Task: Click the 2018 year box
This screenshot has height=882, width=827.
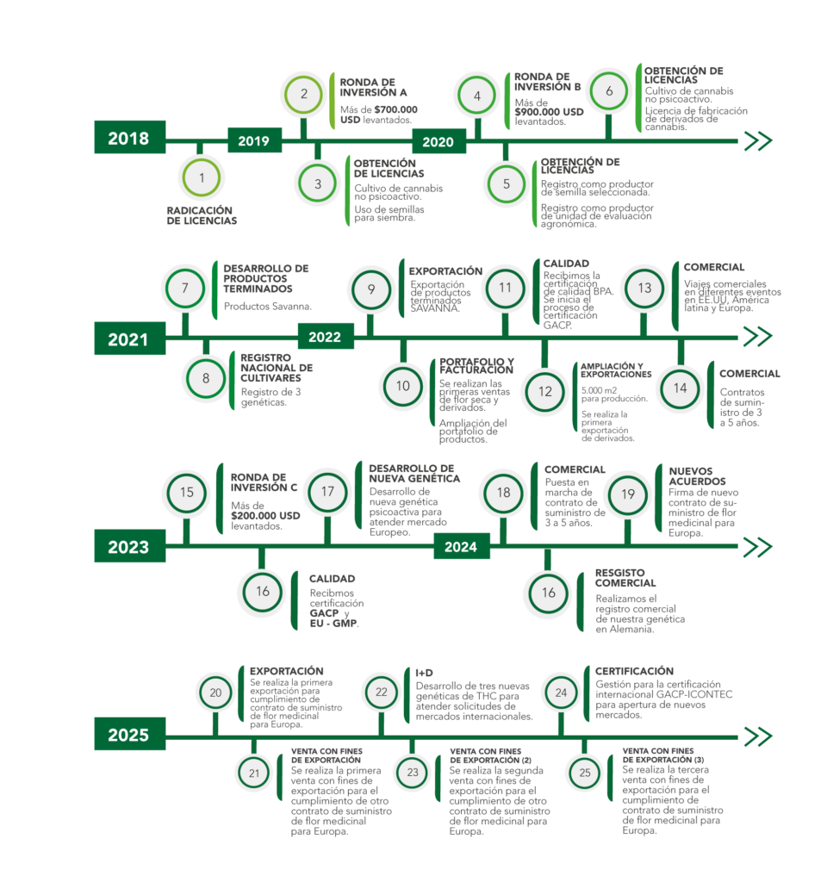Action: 129,138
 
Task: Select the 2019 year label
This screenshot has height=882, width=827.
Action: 254,140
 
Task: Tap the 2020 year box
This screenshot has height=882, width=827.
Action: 438,141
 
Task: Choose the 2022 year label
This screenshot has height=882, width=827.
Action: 325,337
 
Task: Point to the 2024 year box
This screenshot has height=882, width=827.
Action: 462,546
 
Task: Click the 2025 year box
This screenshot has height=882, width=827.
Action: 129,735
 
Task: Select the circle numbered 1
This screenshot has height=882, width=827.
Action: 202,178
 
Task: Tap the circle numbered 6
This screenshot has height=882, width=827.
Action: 609,90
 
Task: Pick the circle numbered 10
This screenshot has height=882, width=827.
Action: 403,386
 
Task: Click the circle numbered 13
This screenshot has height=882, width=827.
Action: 644,289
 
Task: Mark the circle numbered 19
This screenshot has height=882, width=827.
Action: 628,494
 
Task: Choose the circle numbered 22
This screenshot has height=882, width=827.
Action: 382,692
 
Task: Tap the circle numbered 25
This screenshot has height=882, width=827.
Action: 585,773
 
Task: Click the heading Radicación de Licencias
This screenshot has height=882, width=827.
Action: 202,214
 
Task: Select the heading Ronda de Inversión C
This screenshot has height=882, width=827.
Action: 264,481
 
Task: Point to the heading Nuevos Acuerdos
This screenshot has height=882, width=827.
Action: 698,475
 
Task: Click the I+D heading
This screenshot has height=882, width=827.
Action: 424,671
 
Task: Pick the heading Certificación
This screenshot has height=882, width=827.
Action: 634,670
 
